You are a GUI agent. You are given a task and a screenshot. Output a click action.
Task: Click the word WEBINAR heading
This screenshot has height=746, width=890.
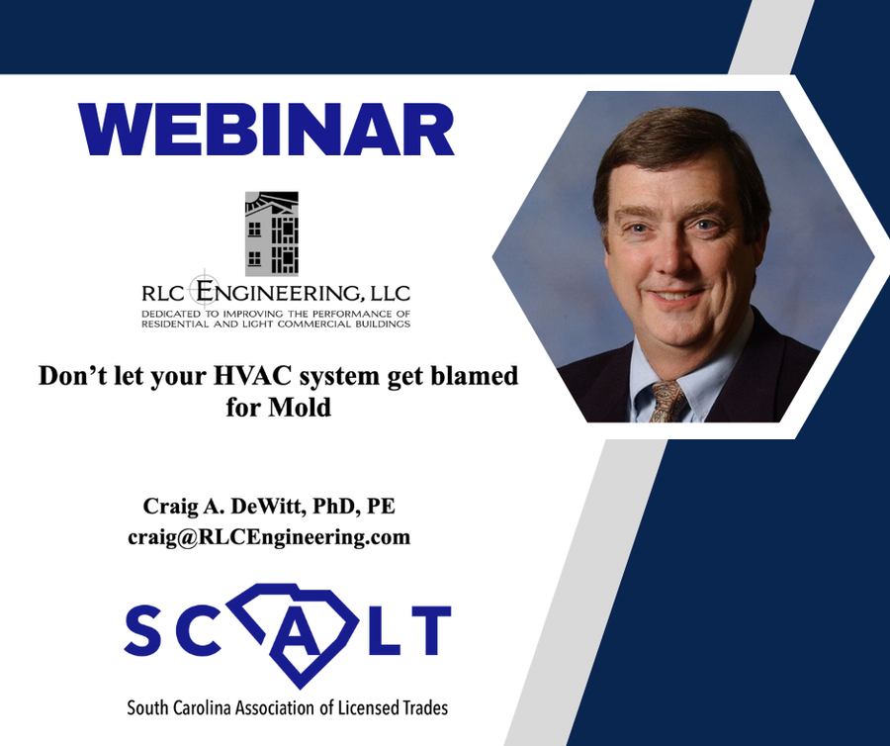click(x=266, y=130)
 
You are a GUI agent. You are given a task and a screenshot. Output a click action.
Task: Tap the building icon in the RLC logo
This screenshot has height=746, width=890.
click(x=272, y=233)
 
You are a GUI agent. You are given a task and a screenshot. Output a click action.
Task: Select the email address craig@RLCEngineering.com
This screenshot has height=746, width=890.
click(x=269, y=536)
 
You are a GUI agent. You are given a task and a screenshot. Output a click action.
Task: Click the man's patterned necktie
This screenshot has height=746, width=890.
click(x=668, y=401)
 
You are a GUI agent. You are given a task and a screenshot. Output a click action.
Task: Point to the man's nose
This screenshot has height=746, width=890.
click(x=671, y=253)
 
